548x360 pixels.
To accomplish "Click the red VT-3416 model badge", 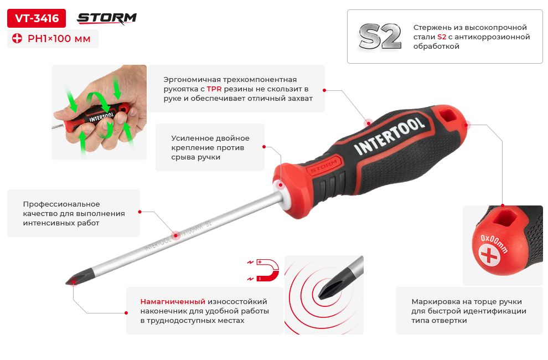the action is point(37,18).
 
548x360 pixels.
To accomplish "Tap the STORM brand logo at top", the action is point(107,18).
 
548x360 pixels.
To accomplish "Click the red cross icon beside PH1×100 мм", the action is point(17,38).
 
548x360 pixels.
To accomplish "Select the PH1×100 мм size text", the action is point(59,38).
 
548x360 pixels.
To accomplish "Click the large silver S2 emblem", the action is point(380,37).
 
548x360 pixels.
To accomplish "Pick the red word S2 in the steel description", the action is point(442,37).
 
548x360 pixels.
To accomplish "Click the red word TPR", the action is point(214,89).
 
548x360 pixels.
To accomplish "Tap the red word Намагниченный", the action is point(173,301).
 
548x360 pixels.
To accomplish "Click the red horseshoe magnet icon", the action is point(267,270).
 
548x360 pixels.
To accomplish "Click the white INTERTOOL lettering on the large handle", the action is point(390,135).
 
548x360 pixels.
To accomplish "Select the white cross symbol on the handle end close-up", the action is point(489,255).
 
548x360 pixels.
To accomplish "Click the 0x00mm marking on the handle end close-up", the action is point(494,243).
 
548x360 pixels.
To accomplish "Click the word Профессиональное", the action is point(61,204).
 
